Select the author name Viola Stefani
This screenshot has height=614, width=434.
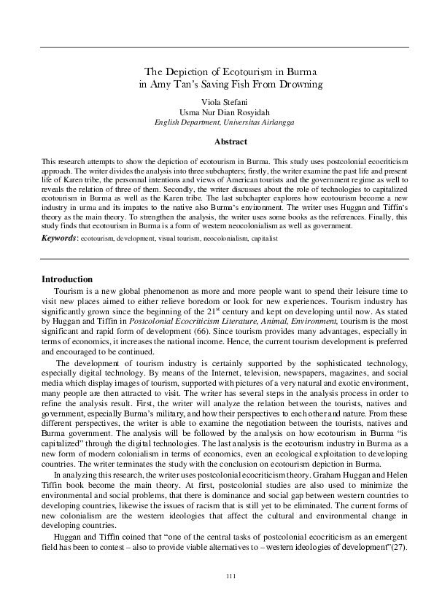(217, 101)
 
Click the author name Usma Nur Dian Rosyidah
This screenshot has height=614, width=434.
(217, 112)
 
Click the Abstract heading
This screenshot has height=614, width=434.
(217, 141)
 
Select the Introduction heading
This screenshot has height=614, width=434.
(67, 279)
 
